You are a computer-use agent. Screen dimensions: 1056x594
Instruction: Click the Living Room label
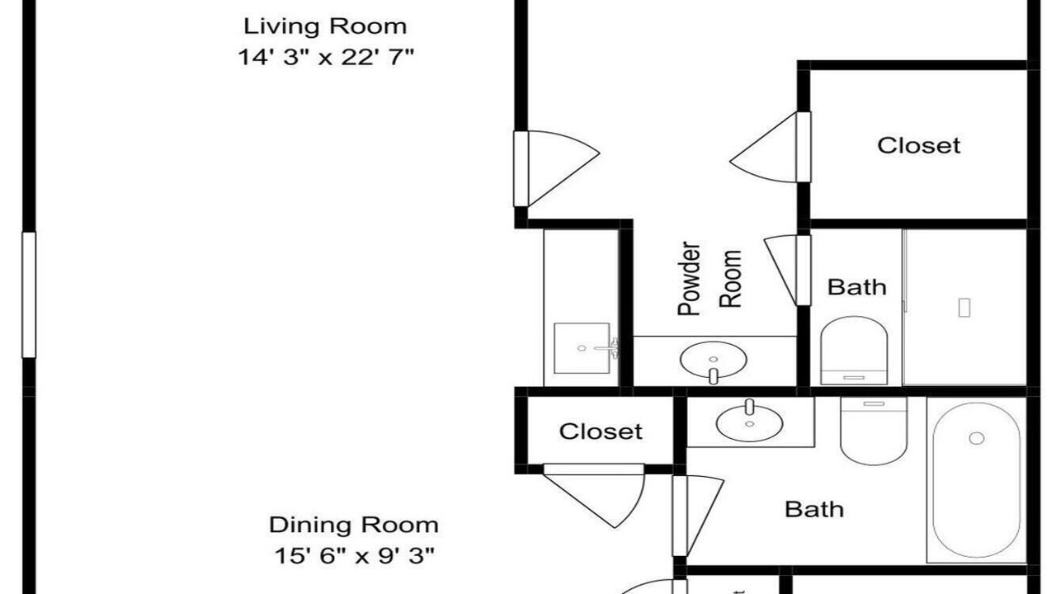[x=325, y=26]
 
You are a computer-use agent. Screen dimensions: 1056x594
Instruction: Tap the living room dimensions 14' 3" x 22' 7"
[x=325, y=58]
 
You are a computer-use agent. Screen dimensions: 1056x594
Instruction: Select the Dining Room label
[x=354, y=525]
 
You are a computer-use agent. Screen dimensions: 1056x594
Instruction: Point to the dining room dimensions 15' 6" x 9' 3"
[x=354, y=556]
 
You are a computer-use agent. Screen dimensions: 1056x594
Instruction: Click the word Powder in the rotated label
[x=690, y=279]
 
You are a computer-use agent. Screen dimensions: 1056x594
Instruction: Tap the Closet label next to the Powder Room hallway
[x=918, y=145]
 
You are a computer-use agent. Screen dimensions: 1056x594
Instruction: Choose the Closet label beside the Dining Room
[x=601, y=431]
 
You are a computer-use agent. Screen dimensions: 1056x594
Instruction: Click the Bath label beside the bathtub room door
[x=814, y=509]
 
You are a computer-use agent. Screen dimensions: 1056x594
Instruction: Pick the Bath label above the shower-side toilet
[x=856, y=287]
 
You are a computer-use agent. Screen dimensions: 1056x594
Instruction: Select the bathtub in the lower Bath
[x=976, y=480]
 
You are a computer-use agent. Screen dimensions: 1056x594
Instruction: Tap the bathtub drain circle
[x=976, y=438]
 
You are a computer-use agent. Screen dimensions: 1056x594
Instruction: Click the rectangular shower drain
[x=964, y=308]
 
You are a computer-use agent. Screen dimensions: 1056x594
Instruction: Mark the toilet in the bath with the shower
[x=854, y=351]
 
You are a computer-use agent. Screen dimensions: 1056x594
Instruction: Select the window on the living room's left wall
[x=29, y=295]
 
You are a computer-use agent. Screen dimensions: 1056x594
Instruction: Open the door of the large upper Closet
[x=771, y=147]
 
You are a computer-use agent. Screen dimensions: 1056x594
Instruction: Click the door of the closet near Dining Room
[x=594, y=496]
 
